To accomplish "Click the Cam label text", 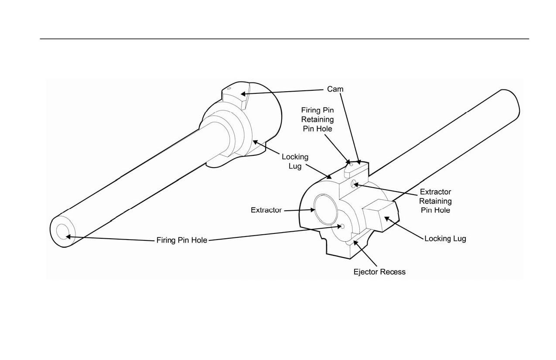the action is click(335, 89).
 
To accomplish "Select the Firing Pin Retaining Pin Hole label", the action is click(317, 120).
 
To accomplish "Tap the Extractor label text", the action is click(266, 210).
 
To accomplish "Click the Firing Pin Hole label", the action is click(182, 240).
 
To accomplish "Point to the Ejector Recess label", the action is click(379, 272).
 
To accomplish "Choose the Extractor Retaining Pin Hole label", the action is click(435, 201).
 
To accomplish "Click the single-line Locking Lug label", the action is click(445, 239).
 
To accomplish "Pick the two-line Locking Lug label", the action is click(295, 161).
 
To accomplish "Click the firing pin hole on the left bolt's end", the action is click(63, 232).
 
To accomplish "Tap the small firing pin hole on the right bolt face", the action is click(342, 226).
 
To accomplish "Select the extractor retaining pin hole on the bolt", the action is click(353, 184).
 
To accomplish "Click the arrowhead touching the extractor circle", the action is click(313, 210).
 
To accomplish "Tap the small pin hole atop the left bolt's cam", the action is click(229, 89).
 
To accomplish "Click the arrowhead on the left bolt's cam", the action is click(243, 94).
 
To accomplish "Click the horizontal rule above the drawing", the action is click(284, 39).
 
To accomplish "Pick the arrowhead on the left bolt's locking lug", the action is click(256, 142).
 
